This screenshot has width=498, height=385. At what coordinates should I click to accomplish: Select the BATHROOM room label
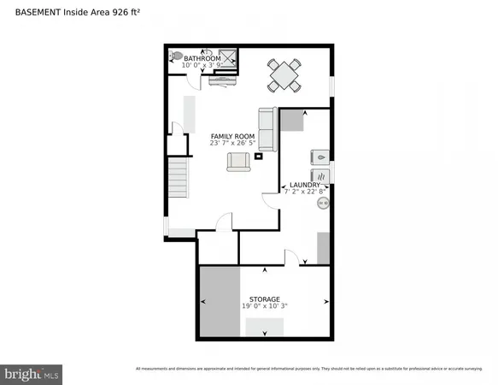pos(202,58)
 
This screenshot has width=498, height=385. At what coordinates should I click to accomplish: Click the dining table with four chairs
pos(284,74)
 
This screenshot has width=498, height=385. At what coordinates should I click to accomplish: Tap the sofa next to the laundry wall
pos(266,129)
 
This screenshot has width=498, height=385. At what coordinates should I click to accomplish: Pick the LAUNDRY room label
pos(305,184)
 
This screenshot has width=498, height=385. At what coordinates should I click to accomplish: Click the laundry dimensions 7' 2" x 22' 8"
pos(305,192)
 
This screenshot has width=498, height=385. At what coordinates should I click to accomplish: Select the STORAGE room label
pos(264,299)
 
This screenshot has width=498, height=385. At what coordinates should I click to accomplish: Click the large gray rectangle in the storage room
pos(220,303)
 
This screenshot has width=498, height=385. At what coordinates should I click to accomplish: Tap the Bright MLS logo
pos(32,373)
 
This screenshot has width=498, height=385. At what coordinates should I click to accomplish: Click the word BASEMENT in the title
pos(36,12)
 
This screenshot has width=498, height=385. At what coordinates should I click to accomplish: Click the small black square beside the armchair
pos(264,155)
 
